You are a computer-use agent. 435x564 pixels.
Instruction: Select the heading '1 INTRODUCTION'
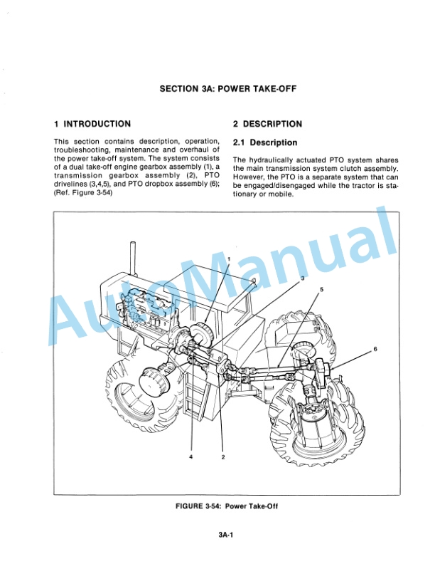point(92,124)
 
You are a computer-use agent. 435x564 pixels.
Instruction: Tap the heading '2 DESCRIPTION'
point(267,124)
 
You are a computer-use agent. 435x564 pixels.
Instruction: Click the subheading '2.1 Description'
point(265,143)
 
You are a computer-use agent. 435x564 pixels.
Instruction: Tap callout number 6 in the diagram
point(375,349)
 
